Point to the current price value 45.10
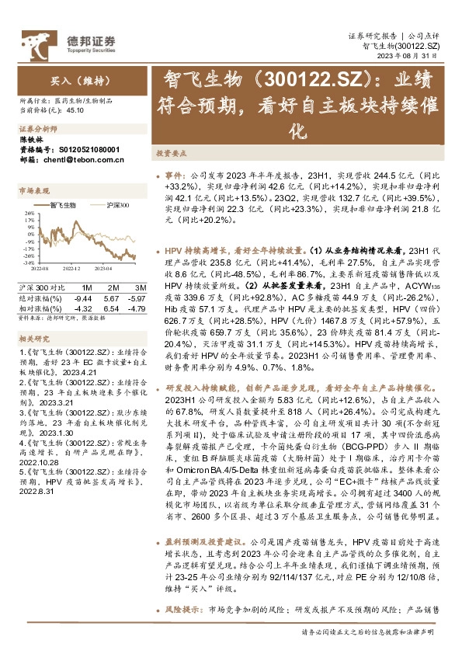pyautogui.click(x=75, y=112)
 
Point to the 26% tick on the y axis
pyautogui.click(x=28, y=212)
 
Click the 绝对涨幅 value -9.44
pyautogui.click(x=82, y=297)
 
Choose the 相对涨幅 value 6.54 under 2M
pyautogui.click(x=110, y=308)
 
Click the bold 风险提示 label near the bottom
pyautogui.click(x=179, y=633)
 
